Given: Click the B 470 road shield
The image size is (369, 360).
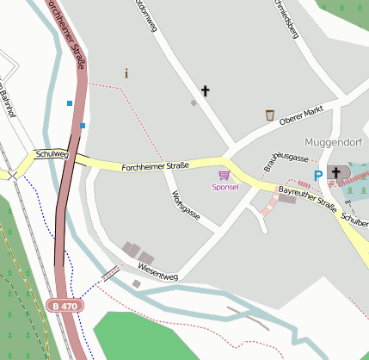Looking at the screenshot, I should coord(63,306).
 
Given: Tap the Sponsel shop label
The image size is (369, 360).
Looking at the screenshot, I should coord(224,186).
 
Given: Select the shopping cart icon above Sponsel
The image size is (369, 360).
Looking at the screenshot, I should coord(224,175).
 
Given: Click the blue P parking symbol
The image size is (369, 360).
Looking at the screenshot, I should coord(317,175).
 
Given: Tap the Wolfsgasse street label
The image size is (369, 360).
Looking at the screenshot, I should coord(187,205).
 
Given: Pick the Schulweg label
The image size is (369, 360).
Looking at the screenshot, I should coord(51,155).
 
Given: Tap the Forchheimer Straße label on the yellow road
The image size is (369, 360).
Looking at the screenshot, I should coord(155,165).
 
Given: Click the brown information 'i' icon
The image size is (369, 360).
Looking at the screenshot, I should coord(126,73).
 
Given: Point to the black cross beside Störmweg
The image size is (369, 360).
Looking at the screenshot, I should coord(205,90).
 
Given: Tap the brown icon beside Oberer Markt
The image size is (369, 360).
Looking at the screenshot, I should coord(269,115).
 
